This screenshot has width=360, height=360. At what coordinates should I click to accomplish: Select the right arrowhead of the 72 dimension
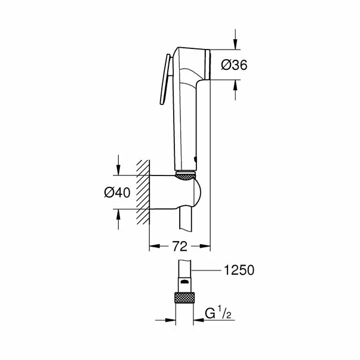coord(206,245)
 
